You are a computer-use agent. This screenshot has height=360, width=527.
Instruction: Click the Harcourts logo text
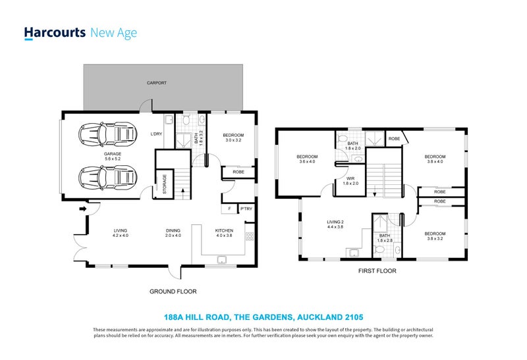coord(54,33)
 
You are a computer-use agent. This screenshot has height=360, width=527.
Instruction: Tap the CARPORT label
coord(157,84)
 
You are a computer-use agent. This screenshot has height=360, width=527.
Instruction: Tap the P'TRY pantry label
coord(246,209)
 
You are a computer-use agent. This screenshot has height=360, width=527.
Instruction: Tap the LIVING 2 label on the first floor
coord(336,226)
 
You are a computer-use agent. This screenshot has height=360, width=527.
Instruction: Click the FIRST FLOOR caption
coord(376,270)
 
